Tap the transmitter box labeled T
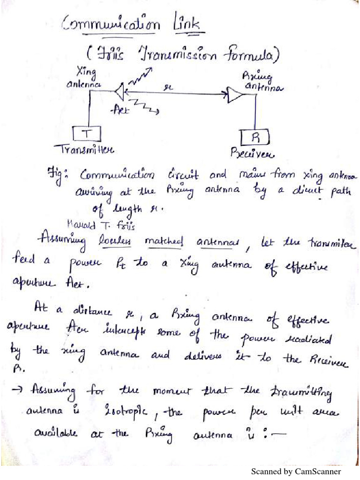(x=86, y=134)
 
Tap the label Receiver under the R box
(x=252, y=153)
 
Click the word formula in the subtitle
(x=248, y=57)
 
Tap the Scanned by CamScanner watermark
(x=296, y=471)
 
